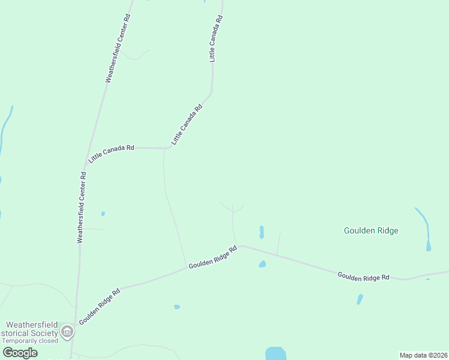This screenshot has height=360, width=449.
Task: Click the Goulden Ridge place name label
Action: [371, 230]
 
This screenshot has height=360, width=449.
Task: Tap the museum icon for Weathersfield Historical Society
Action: [67, 332]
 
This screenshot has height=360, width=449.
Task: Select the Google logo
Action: [20, 353]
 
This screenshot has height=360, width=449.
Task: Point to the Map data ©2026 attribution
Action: [423, 355]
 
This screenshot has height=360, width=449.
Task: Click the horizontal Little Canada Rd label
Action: [111, 154]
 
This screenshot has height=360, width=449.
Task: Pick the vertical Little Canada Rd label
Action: [215, 39]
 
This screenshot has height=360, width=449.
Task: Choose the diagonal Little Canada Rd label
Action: [187, 124]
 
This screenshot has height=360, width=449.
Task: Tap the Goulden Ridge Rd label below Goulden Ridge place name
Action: [364, 277]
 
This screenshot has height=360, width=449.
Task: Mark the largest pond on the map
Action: [276, 353]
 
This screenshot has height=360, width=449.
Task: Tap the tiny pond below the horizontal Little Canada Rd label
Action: [103, 214]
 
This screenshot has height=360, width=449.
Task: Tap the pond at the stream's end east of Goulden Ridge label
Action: [429, 245]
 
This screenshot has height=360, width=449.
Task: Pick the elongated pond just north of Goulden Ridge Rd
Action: [261, 232]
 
